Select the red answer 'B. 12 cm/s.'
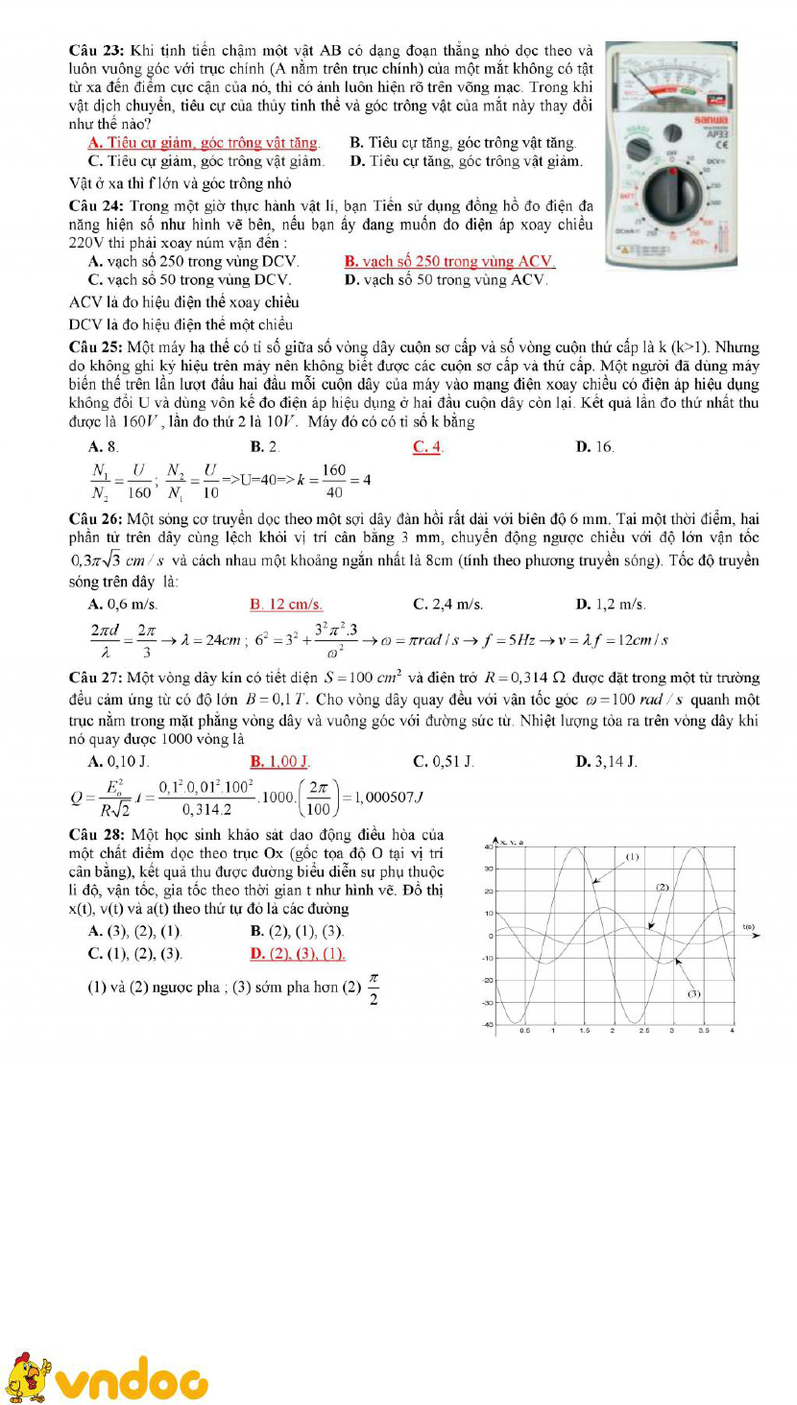click(285, 604)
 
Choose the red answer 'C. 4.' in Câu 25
click(427, 445)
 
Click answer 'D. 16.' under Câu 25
click(594, 445)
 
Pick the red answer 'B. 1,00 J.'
click(279, 762)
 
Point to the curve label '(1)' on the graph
click(633, 856)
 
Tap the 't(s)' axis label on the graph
click(749, 927)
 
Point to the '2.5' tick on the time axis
click(642, 1031)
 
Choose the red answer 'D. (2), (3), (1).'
click(297, 954)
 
